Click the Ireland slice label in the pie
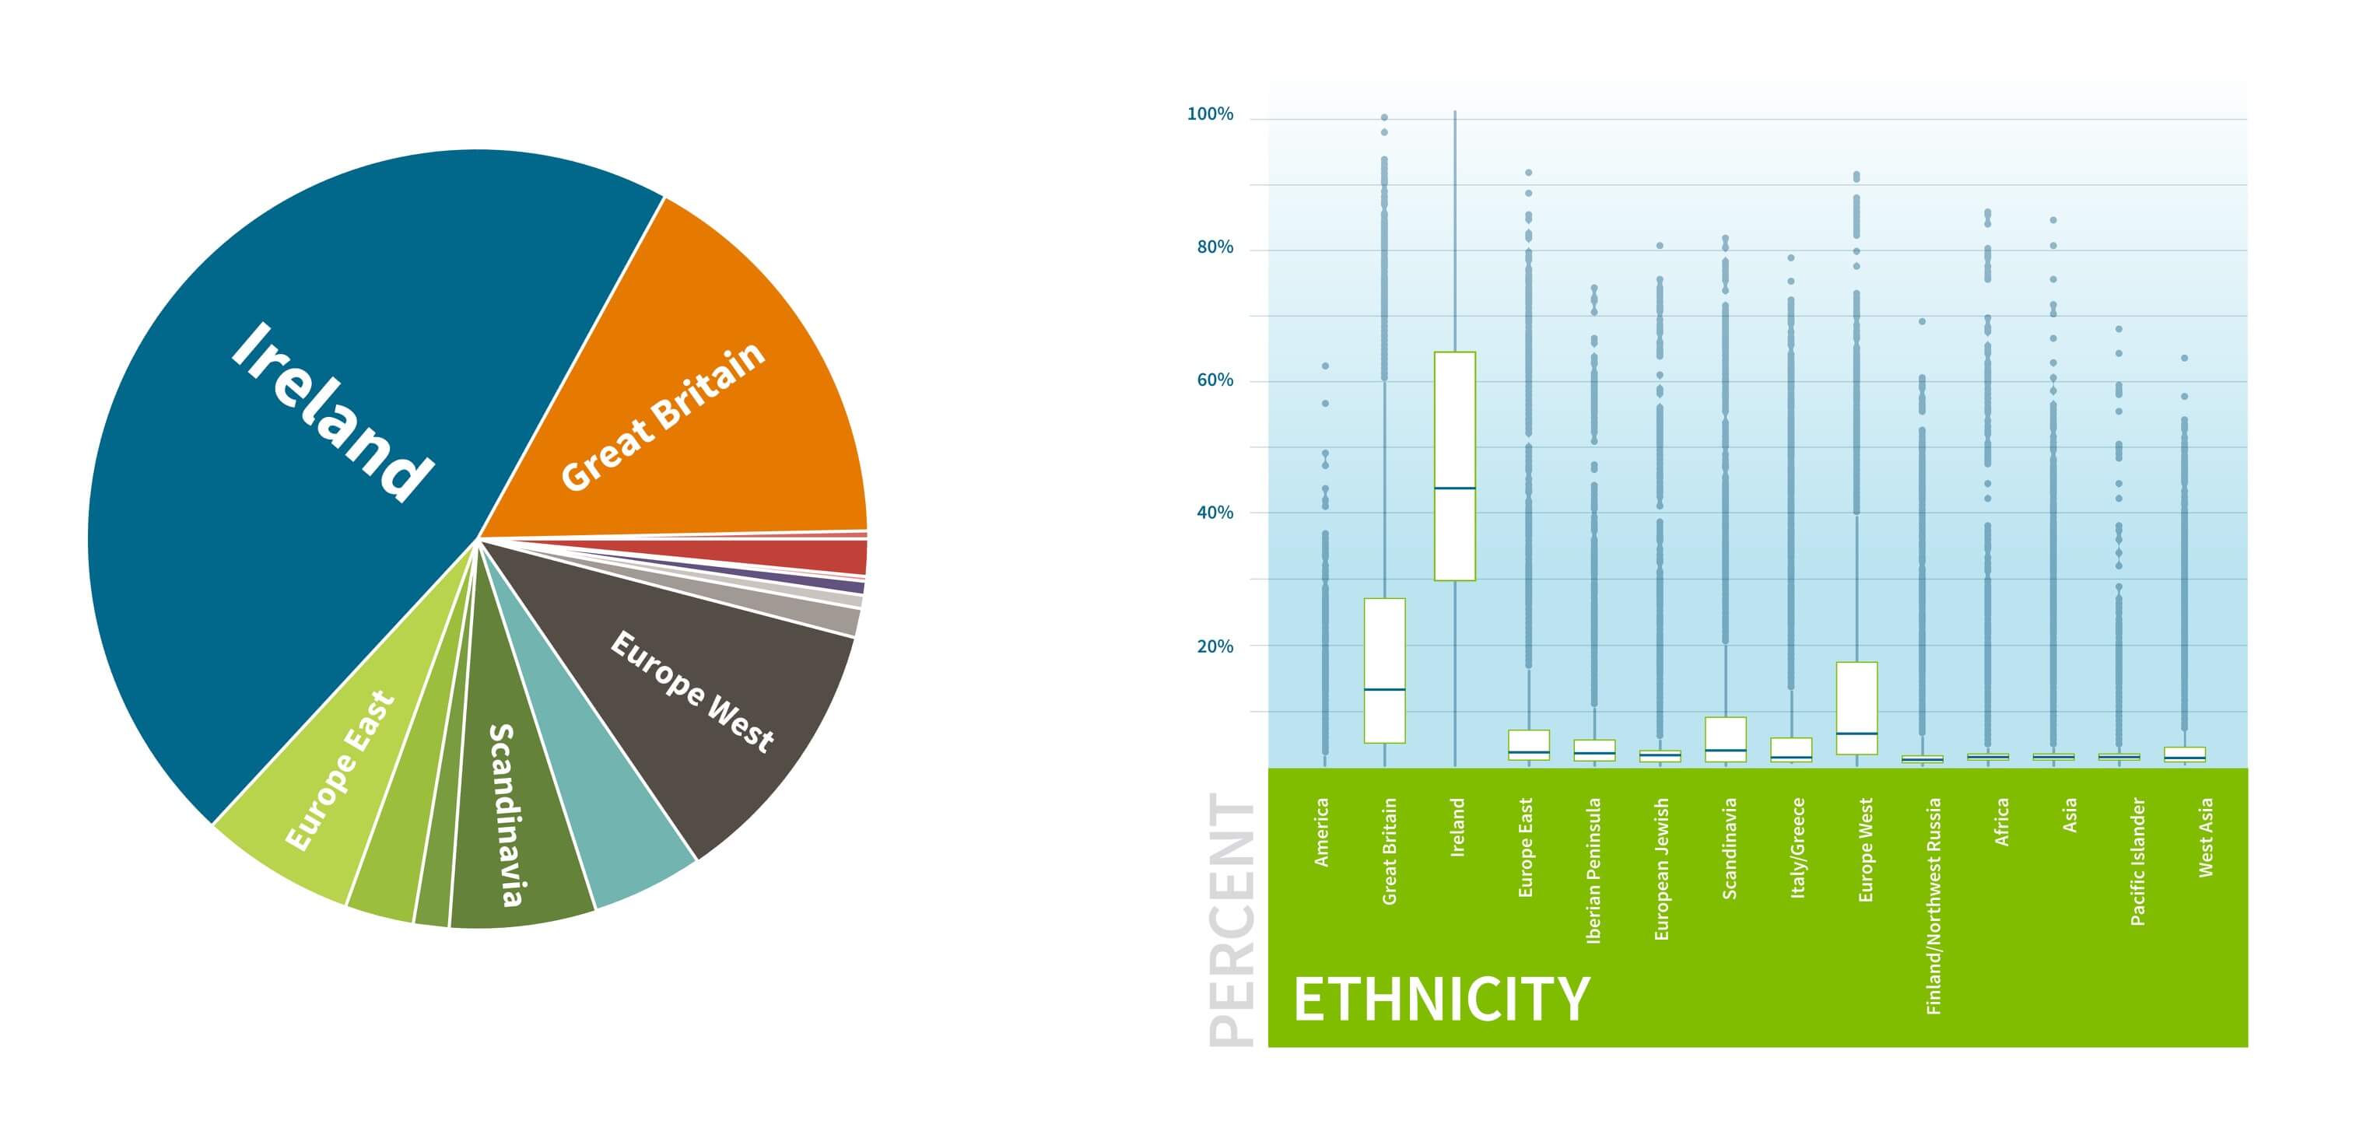(331, 411)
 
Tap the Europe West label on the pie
(692, 691)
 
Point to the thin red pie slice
(823, 556)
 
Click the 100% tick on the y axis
(1209, 114)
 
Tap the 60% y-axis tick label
(1215, 380)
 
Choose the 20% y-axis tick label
(1215, 646)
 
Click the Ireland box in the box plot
(1454, 421)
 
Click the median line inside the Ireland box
(1454, 488)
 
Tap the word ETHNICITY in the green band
(1440, 999)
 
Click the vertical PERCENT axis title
(1231, 919)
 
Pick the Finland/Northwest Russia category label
(1933, 905)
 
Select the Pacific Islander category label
(2137, 862)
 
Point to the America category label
(1320, 832)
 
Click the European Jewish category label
(1661, 869)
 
